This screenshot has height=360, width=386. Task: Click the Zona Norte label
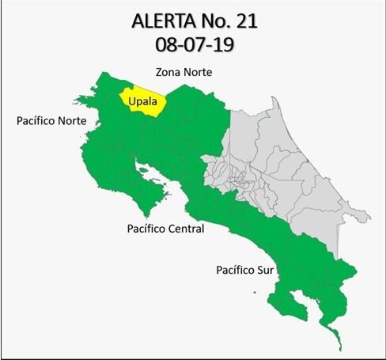184,72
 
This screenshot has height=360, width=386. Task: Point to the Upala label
143,101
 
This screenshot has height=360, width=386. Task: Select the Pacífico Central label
165,229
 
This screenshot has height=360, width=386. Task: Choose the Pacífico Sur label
245,271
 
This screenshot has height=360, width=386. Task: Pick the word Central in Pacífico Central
187,229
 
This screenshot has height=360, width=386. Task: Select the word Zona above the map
168,72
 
